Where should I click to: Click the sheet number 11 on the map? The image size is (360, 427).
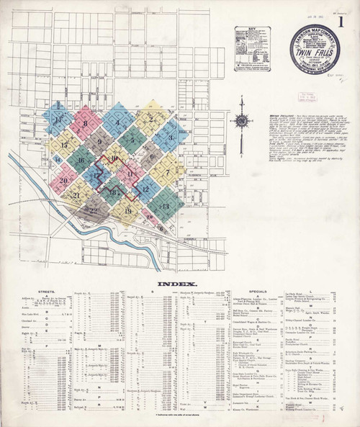click(x=130, y=174)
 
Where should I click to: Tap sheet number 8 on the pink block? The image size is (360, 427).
click(x=85, y=123)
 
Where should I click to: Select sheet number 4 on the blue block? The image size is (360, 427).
click(x=117, y=122)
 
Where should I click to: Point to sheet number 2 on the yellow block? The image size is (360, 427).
click(x=150, y=118)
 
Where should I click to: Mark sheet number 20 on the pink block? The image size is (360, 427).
click(x=64, y=181)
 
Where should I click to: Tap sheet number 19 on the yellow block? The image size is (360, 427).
click(x=128, y=210)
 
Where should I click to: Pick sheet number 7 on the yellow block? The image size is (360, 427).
click(x=166, y=172)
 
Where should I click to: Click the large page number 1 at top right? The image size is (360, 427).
click(x=348, y=17)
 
